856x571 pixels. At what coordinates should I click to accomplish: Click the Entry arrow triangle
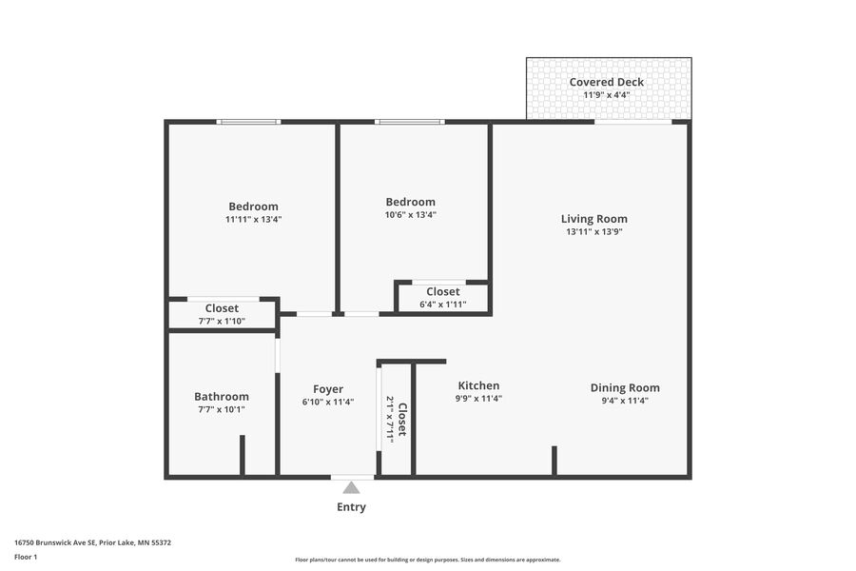pos(351,487)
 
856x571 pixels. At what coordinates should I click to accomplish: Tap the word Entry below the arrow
pos(351,507)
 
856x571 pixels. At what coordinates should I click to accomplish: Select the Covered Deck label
pos(607,82)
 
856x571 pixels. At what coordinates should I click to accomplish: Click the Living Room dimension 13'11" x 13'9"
pos(593,231)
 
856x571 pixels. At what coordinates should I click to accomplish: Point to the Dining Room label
pos(625,387)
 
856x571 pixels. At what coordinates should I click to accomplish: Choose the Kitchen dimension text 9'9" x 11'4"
pos(478,399)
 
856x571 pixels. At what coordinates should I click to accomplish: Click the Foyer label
pos(328,389)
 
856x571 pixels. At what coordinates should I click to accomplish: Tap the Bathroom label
pos(222,396)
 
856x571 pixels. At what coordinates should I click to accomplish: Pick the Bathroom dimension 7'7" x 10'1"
pos(222,409)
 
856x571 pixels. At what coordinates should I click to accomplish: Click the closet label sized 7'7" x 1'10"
pos(222,308)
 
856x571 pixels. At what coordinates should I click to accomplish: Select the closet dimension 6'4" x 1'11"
pos(442,305)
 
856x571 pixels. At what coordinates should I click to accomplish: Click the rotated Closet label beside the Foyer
pos(402,420)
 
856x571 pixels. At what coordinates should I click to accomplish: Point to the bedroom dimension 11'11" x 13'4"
pos(253,220)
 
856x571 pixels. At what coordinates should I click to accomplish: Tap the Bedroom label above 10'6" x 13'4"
pos(411,202)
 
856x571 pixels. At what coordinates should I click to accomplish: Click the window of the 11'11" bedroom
pos(248,122)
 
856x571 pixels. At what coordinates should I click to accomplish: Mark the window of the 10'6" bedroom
pos(409,122)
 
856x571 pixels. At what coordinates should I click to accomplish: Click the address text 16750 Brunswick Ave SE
pos(55,542)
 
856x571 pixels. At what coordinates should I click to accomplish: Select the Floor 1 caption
pos(26,557)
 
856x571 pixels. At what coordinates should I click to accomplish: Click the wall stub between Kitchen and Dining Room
pos(554,462)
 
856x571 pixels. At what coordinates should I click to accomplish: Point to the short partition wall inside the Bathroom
pos(243,455)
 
